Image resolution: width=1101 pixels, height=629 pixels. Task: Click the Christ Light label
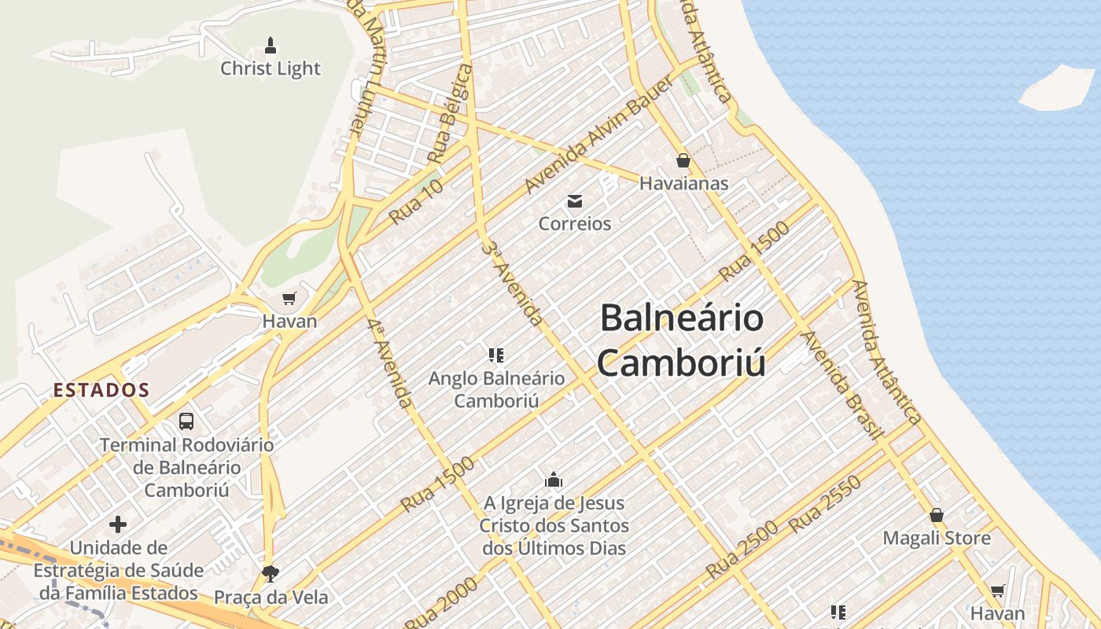(271, 68)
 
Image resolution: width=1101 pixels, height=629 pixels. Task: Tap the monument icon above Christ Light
(271, 44)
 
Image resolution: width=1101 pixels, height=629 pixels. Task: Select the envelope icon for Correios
(575, 201)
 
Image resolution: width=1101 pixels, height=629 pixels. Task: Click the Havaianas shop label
(683, 183)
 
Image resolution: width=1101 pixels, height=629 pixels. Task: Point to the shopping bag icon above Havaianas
(683, 160)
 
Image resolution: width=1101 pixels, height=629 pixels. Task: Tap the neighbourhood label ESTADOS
(101, 389)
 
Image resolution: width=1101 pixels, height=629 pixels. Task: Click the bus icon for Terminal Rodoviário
(186, 421)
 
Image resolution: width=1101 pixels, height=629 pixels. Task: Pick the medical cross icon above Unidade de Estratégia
(118, 524)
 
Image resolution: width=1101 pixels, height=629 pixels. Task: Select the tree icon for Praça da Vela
(271, 573)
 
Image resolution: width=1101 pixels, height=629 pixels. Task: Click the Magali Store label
(937, 539)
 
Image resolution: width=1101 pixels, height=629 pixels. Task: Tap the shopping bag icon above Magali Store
(937, 515)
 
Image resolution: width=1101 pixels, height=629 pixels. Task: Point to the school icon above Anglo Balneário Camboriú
(495, 355)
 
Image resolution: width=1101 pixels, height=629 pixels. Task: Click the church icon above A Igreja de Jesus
(554, 479)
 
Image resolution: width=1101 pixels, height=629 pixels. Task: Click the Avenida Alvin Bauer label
(599, 134)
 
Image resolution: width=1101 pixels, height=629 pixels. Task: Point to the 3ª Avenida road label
(512, 284)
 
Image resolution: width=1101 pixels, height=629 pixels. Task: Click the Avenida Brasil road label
(842, 384)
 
